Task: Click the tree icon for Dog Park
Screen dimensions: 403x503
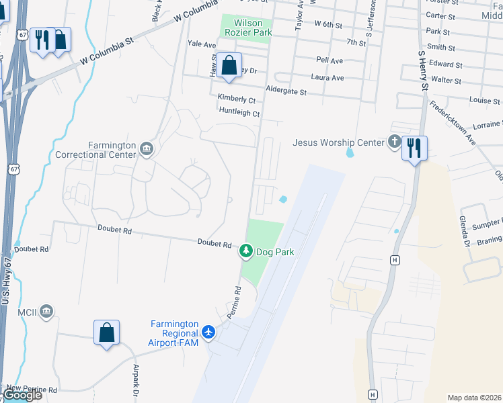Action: pyautogui.click(x=246, y=251)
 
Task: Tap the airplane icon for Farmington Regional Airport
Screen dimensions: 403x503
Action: pyautogui.click(x=208, y=332)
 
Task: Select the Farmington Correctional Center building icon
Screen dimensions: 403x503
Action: pyautogui.click(x=147, y=148)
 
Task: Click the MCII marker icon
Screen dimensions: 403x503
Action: pyautogui.click(x=46, y=310)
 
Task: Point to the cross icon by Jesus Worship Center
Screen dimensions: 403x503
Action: pyautogui.click(x=394, y=142)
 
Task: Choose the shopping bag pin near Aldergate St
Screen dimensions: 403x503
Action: pyautogui.click(x=229, y=66)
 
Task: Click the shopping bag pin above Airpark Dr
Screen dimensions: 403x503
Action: pyautogui.click(x=106, y=332)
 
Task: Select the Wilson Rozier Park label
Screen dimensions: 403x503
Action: pyautogui.click(x=247, y=26)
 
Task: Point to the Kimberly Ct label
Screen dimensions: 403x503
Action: pyautogui.click(x=236, y=99)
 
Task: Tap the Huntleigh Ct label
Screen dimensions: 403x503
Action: pyautogui.click(x=239, y=113)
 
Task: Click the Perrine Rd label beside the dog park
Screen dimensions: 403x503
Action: pyautogui.click(x=233, y=302)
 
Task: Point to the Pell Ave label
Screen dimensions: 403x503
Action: pyautogui.click(x=330, y=60)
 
